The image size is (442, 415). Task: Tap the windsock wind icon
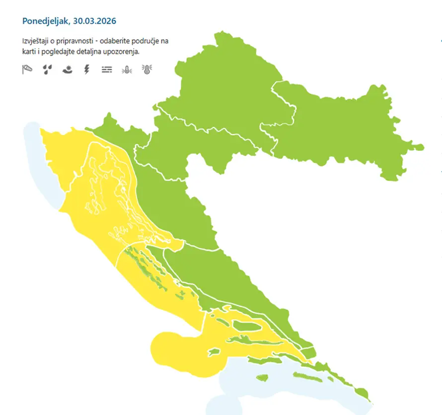[x=27, y=70]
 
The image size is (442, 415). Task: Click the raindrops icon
[x=47, y=70]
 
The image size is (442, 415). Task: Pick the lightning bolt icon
[x=87, y=70]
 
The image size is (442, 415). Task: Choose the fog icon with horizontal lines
[x=107, y=70]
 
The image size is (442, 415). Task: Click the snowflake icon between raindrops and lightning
[x=67, y=70]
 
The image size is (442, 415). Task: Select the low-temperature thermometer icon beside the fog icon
[x=127, y=70]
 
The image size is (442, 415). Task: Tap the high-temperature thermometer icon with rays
[x=147, y=70]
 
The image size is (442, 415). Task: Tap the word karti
[x=29, y=52]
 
